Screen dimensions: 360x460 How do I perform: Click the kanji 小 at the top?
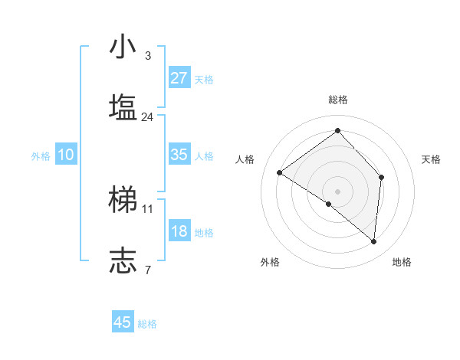(123, 47)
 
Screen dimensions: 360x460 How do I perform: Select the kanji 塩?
(123, 108)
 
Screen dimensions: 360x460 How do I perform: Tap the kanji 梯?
(123, 200)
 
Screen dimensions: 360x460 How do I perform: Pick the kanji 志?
(123, 260)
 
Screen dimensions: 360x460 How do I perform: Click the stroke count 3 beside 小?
(147, 56)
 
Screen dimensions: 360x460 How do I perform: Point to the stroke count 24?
(147, 117)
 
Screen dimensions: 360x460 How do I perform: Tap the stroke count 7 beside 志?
(147, 270)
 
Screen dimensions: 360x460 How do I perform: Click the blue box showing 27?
(179, 78)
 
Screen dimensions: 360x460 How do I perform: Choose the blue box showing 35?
(179, 155)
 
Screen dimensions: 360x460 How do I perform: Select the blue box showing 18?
(179, 231)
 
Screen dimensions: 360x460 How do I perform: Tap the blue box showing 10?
(66, 155)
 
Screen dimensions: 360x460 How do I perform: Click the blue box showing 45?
(123, 322)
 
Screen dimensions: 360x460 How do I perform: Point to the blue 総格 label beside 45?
(147, 324)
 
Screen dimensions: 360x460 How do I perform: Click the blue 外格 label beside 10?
(41, 156)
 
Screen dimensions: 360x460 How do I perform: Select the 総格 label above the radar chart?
(337, 100)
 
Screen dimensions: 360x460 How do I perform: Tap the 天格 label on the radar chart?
(431, 159)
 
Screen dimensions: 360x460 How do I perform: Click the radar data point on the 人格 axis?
(280, 172)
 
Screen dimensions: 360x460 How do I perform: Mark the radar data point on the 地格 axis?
(373, 241)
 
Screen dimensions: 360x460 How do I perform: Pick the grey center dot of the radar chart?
(337, 190)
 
